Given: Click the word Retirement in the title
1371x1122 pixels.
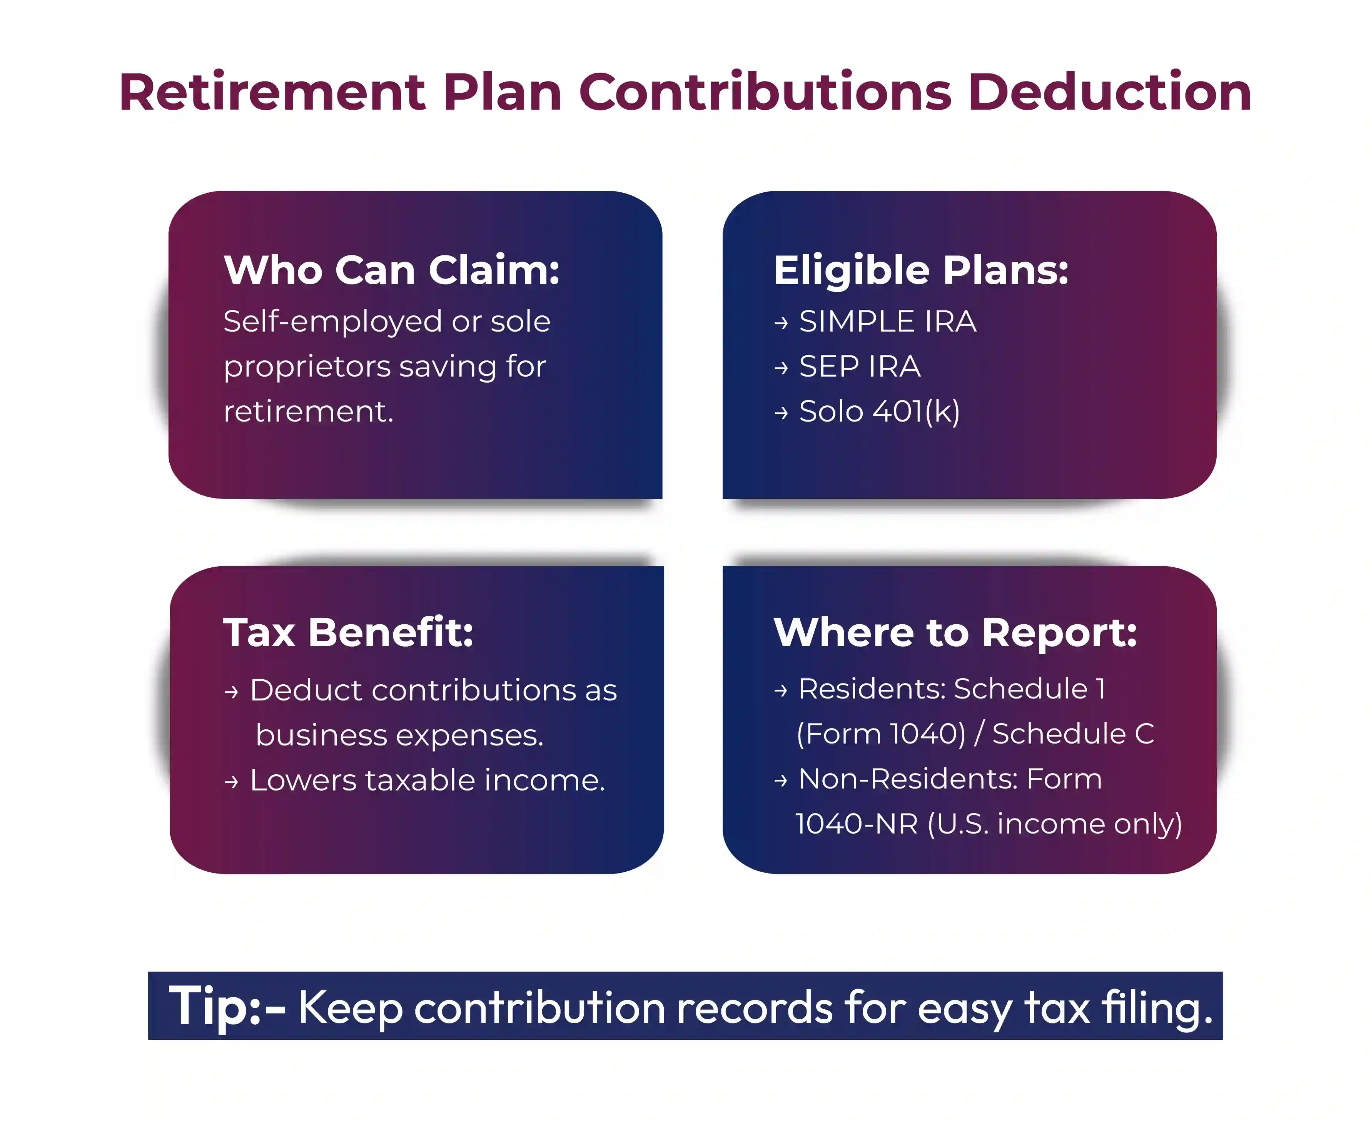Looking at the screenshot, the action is pyautogui.click(x=272, y=92).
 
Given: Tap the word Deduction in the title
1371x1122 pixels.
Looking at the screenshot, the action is pyautogui.click(x=1109, y=92).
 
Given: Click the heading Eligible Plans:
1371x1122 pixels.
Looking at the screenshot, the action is pyautogui.click(x=921, y=270).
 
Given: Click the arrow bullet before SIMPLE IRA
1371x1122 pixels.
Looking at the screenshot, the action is pyautogui.click(x=782, y=322).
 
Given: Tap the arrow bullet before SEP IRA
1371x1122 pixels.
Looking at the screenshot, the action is pyautogui.click(x=782, y=368).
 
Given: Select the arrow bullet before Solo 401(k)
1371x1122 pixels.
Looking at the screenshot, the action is pyautogui.click(x=782, y=412).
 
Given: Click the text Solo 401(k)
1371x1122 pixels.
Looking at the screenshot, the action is pyautogui.click(x=880, y=412).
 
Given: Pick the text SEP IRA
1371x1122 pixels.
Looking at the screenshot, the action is pyautogui.click(x=860, y=367).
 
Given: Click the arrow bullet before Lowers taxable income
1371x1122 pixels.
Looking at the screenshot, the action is pyautogui.click(x=231, y=782).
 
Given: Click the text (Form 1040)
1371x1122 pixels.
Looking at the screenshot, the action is pyautogui.click(x=881, y=734).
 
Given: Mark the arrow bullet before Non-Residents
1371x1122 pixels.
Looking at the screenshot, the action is pyautogui.click(x=781, y=781).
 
